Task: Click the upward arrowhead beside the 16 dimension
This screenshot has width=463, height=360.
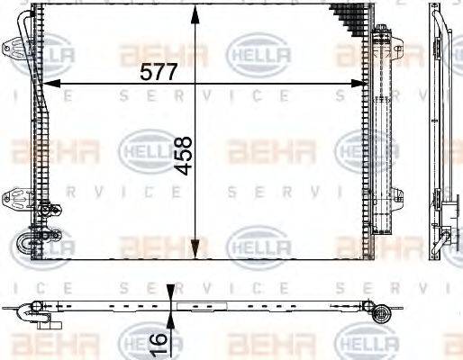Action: pyautogui.click(x=172, y=320)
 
